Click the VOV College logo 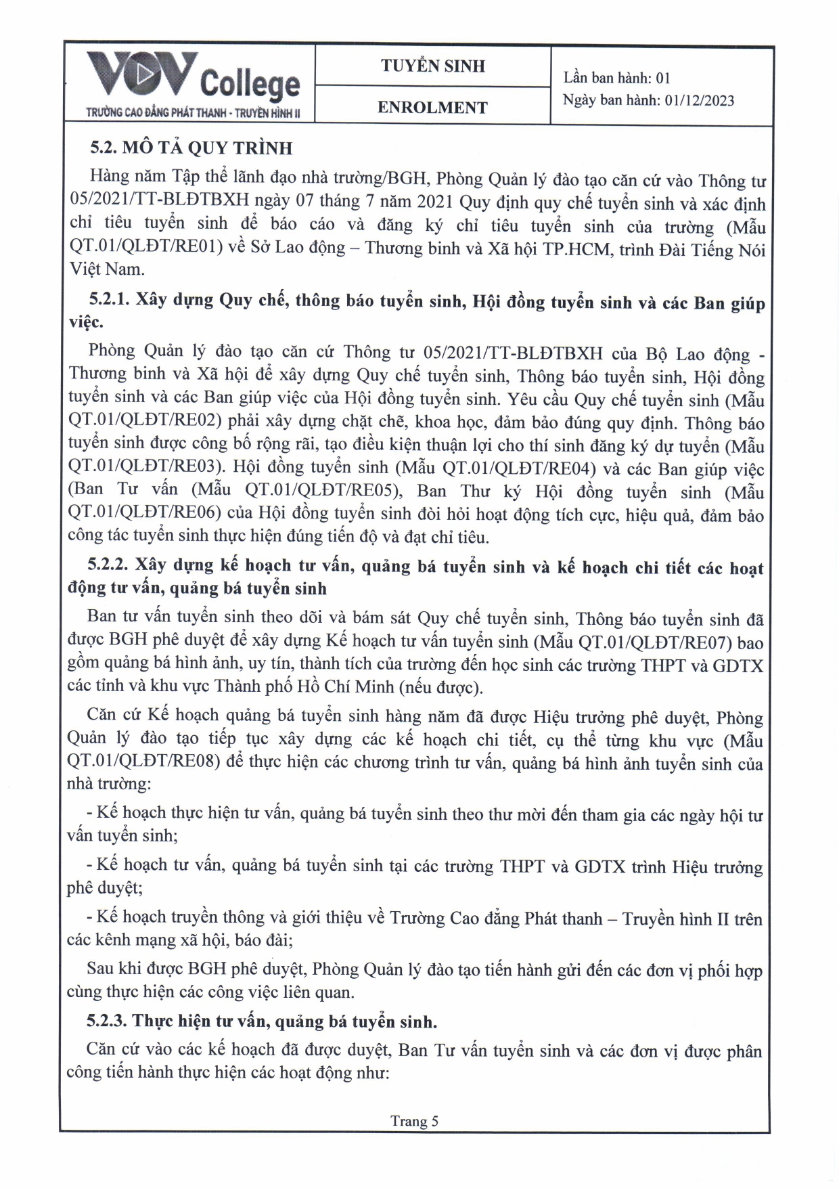click(x=193, y=78)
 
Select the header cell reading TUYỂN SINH click(x=432, y=66)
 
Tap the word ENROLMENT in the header click(x=432, y=108)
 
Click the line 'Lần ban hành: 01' click(x=616, y=78)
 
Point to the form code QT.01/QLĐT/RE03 click(x=145, y=467)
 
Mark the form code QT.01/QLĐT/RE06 click(x=145, y=513)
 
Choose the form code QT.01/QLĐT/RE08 click(x=144, y=762)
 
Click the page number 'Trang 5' click(x=414, y=1121)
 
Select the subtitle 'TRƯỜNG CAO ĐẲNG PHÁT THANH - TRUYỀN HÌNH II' click(x=192, y=113)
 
